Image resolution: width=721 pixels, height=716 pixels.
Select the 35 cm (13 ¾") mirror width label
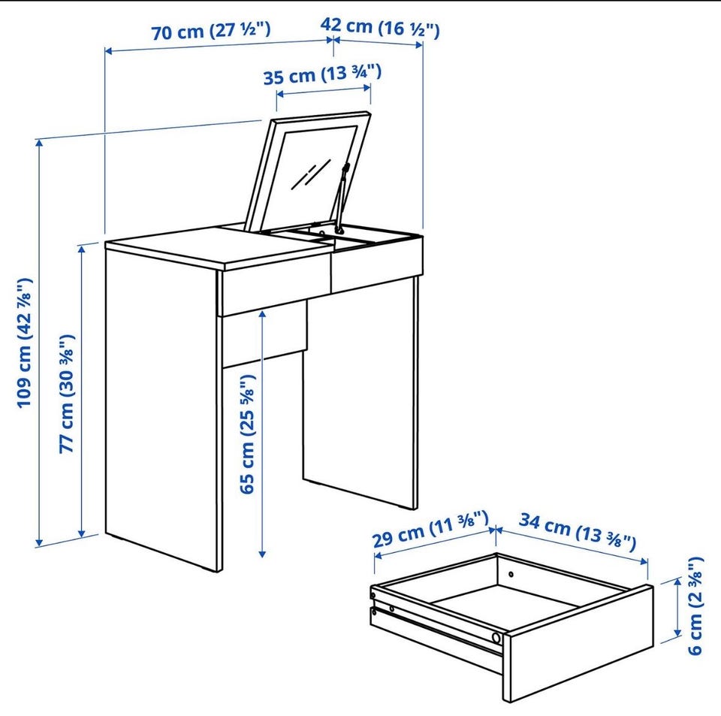click(322, 75)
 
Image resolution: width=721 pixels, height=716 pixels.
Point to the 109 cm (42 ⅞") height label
click(26, 343)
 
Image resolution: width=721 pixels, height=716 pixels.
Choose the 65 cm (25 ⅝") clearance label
click(247, 434)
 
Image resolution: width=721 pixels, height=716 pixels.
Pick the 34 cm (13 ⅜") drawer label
click(578, 531)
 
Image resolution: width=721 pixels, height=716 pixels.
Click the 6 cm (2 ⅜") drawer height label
click(695, 606)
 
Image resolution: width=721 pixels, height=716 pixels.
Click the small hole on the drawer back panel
click(511, 574)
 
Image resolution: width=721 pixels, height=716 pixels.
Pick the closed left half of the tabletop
click(217, 247)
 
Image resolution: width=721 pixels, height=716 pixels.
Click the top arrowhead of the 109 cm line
click(39, 143)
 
